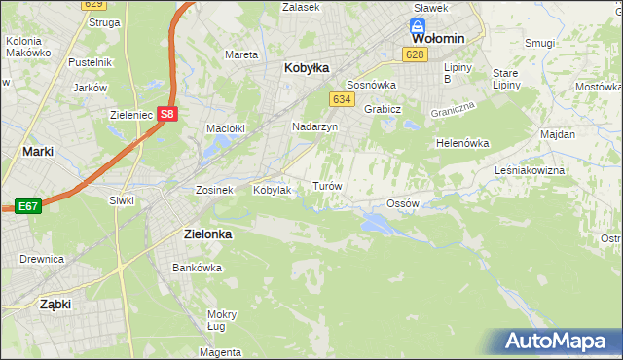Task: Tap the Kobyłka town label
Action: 307,68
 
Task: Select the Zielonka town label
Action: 211,234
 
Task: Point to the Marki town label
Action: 37,151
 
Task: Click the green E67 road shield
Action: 27,206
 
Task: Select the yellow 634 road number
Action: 341,99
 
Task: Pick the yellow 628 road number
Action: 416,54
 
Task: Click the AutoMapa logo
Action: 559,342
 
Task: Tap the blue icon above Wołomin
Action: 418,26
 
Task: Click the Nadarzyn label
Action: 314,126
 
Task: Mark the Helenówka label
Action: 461,142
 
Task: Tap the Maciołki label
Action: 224,127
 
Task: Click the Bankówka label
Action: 192,267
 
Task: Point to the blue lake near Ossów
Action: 376,225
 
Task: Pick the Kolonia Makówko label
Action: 28,48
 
